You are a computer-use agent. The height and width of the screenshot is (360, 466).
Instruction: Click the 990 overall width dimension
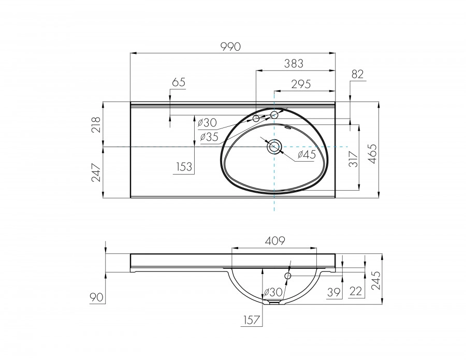[231, 47]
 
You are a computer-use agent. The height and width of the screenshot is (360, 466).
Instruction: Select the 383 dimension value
[294, 63]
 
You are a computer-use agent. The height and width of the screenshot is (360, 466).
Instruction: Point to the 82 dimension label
[358, 75]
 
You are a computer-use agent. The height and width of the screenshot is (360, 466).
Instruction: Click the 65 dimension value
[178, 82]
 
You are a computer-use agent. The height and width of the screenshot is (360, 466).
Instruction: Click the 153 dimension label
[184, 167]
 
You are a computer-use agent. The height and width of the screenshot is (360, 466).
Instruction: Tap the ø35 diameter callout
[209, 137]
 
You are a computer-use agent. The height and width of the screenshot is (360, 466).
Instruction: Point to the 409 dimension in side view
[275, 240]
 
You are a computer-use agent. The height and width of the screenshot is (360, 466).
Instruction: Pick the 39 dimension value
[335, 292]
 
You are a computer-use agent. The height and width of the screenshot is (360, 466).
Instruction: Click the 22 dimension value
[356, 292]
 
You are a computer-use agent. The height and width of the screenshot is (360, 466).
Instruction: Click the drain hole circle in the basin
[274, 147]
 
